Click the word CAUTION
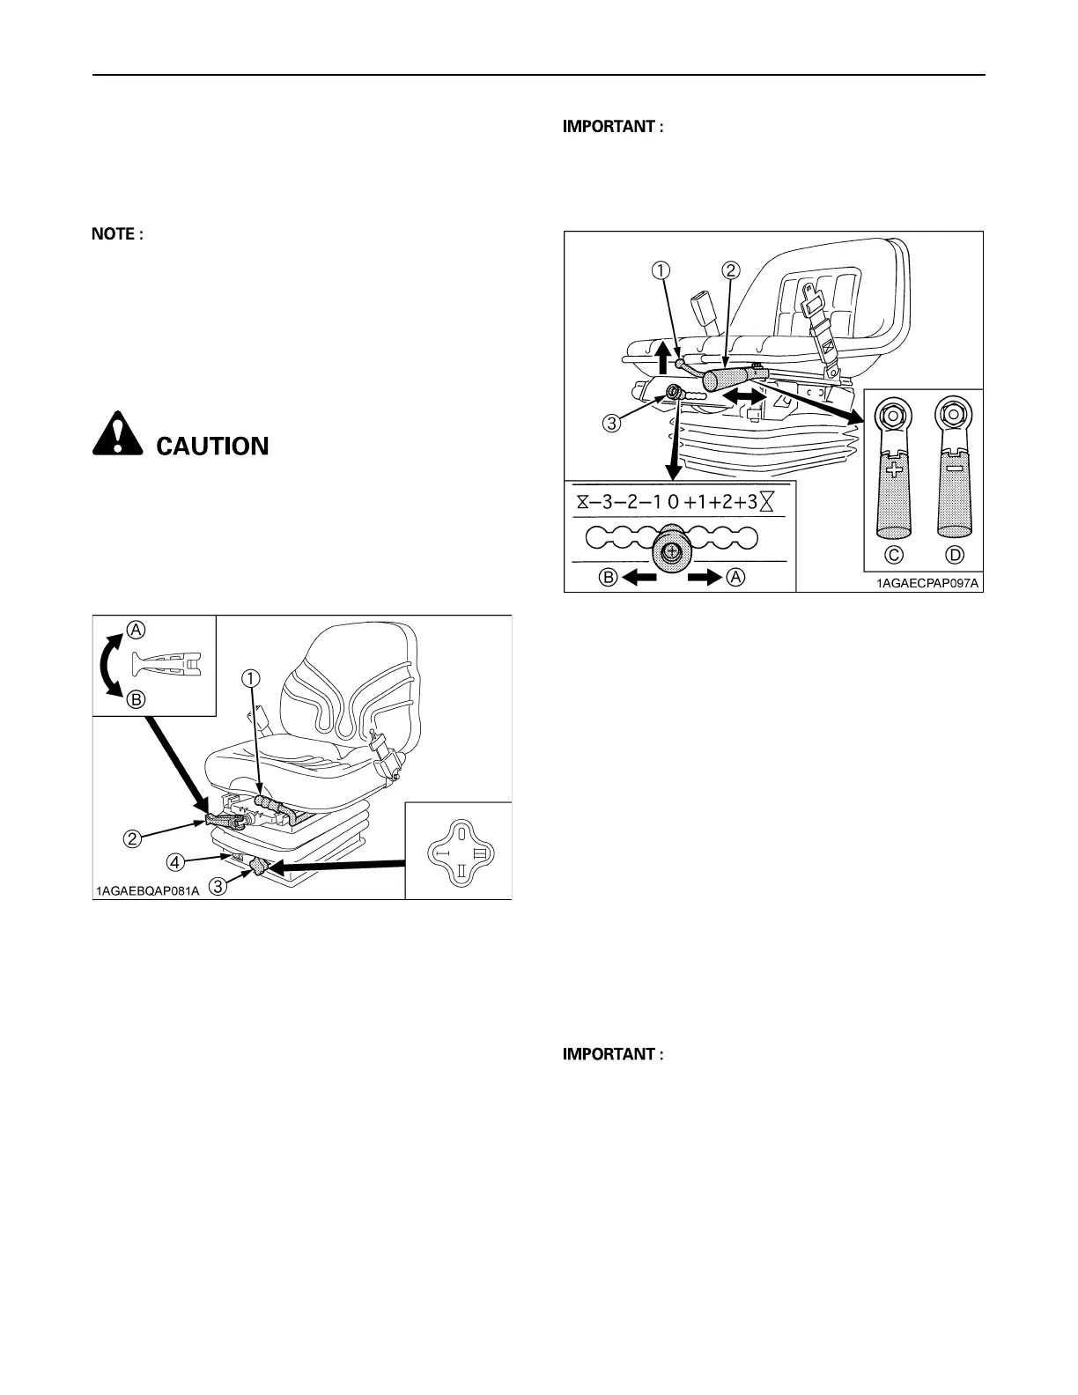212,446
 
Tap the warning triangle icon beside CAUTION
117,434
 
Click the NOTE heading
117,234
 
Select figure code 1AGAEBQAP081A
148,890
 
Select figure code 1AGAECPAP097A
927,582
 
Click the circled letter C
893,555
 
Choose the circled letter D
955,555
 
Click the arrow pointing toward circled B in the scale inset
639,578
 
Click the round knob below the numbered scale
672,552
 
